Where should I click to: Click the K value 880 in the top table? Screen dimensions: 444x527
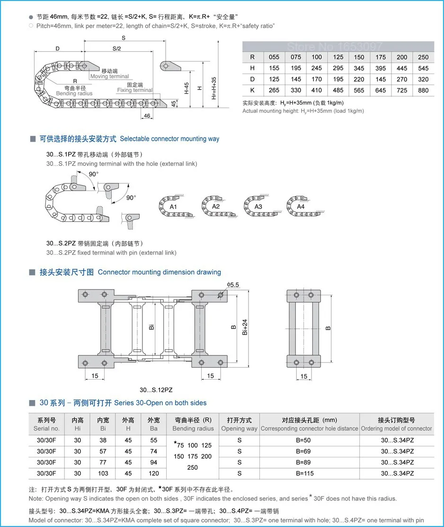coord(423,91)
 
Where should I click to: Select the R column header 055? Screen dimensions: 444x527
coord(274,57)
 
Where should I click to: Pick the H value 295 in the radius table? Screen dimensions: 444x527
coord(338,68)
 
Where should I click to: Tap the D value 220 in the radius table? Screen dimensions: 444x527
coord(359,79)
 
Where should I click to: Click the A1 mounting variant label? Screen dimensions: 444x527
coord(173,207)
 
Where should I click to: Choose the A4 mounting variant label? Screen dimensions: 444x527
coord(301,207)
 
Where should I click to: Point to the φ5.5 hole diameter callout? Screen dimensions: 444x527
coord(233,285)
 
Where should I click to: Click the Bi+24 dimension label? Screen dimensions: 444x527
coord(245,327)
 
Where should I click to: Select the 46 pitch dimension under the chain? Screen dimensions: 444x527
coord(147,116)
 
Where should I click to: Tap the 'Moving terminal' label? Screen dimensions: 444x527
coord(109,76)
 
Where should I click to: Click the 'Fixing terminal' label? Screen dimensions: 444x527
coord(134,90)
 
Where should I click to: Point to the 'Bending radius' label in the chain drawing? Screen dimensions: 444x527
coord(74,93)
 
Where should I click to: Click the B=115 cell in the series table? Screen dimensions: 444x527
coord(305,473)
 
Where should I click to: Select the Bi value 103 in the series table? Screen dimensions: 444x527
coord(103,473)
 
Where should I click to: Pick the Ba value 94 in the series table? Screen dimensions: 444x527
coord(154,462)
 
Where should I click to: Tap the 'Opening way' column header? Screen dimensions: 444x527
coord(239,428)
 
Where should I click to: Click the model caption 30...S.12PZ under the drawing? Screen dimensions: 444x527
coord(156,390)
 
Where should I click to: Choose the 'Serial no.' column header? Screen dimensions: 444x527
coord(46,428)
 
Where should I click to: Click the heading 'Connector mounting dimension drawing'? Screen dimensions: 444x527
coord(160,272)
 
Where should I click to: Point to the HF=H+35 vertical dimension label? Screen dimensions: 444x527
coord(214,88)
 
